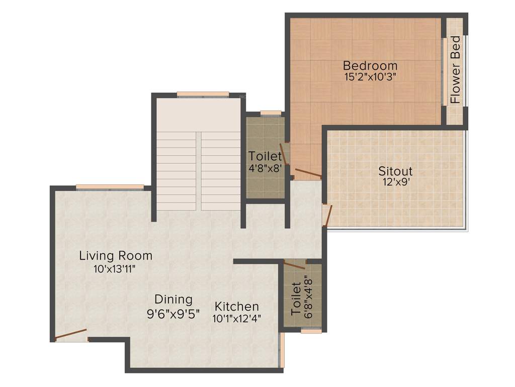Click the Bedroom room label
click(x=370, y=66)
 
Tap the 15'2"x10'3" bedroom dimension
click(x=370, y=77)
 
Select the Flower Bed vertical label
click(x=456, y=70)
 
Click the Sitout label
click(x=395, y=171)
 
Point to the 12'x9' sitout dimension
click(x=395, y=182)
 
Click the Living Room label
click(x=116, y=256)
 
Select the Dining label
click(x=173, y=300)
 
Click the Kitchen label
click(x=237, y=306)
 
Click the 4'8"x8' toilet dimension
click(x=265, y=169)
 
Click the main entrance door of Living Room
click(x=71, y=335)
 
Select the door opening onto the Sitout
click(x=328, y=215)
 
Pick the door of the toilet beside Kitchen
click(x=294, y=265)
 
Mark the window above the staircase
click(x=203, y=94)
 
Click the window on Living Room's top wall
click(x=110, y=187)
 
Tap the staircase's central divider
click(x=199, y=171)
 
